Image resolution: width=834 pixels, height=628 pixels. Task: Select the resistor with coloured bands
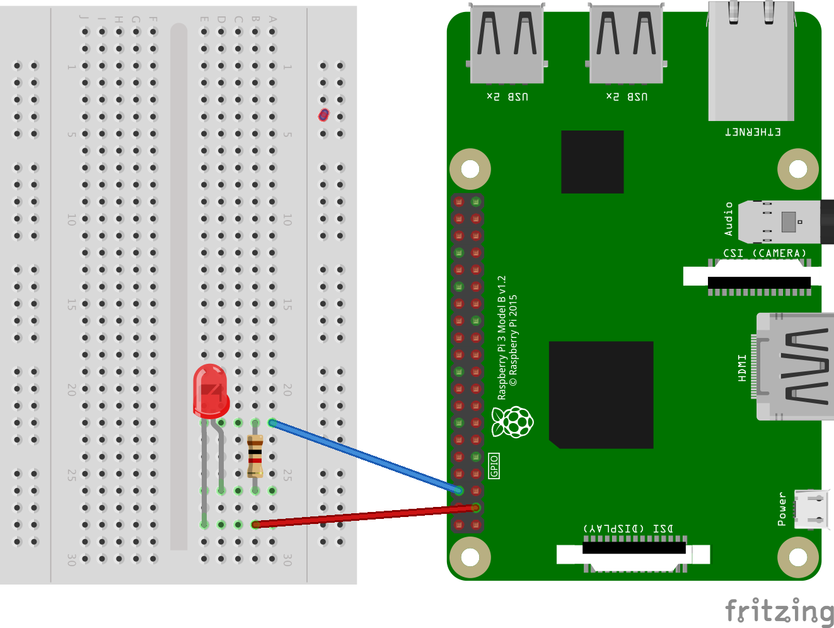[x=255, y=456]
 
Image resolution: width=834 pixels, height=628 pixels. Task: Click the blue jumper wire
[x=366, y=456]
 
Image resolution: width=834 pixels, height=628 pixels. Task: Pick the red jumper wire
[x=366, y=516]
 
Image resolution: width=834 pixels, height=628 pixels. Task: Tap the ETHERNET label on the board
[x=752, y=132]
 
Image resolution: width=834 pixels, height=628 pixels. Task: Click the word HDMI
[x=743, y=368]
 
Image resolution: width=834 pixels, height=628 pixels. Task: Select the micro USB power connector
[x=812, y=509]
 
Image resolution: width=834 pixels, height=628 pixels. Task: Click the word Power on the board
[x=782, y=509]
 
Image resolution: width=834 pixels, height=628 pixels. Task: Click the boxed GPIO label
[x=494, y=465]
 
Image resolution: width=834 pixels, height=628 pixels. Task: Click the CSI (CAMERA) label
[x=764, y=253]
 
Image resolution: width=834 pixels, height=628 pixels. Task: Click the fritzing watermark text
[x=779, y=611]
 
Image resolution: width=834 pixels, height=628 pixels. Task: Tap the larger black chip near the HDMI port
[x=601, y=395]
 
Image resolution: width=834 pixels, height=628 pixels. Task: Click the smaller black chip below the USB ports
[x=592, y=162]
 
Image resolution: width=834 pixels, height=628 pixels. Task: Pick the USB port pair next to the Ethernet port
[x=626, y=44]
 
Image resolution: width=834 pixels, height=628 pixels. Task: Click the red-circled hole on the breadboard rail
[x=323, y=115]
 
